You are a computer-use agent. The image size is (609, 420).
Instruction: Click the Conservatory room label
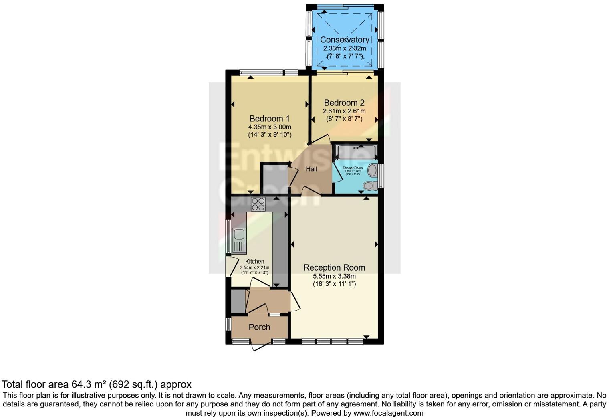[345, 40]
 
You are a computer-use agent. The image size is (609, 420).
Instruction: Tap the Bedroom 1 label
[269, 119]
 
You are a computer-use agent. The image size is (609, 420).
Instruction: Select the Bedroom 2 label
[344, 103]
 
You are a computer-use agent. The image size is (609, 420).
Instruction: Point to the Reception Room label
[334, 267]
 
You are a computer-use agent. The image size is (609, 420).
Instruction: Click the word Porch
[259, 327]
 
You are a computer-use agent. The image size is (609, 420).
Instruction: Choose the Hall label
[311, 169]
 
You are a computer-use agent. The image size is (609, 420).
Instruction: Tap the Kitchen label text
[254, 261]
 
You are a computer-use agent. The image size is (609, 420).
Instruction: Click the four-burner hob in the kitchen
[258, 204]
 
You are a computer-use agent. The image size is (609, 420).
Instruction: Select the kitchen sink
[239, 240]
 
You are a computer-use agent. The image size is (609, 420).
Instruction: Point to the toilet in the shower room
[369, 186]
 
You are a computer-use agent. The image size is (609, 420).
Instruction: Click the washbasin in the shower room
[372, 170]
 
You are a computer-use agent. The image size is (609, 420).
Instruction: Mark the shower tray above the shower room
[356, 152]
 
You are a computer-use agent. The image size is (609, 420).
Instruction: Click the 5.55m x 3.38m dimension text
[334, 276]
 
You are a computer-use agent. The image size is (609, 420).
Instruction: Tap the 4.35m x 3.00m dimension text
[269, 127]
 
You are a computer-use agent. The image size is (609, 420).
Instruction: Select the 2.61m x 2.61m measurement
[344, 111]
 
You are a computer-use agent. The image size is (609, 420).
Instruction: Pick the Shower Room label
[353, 168]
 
